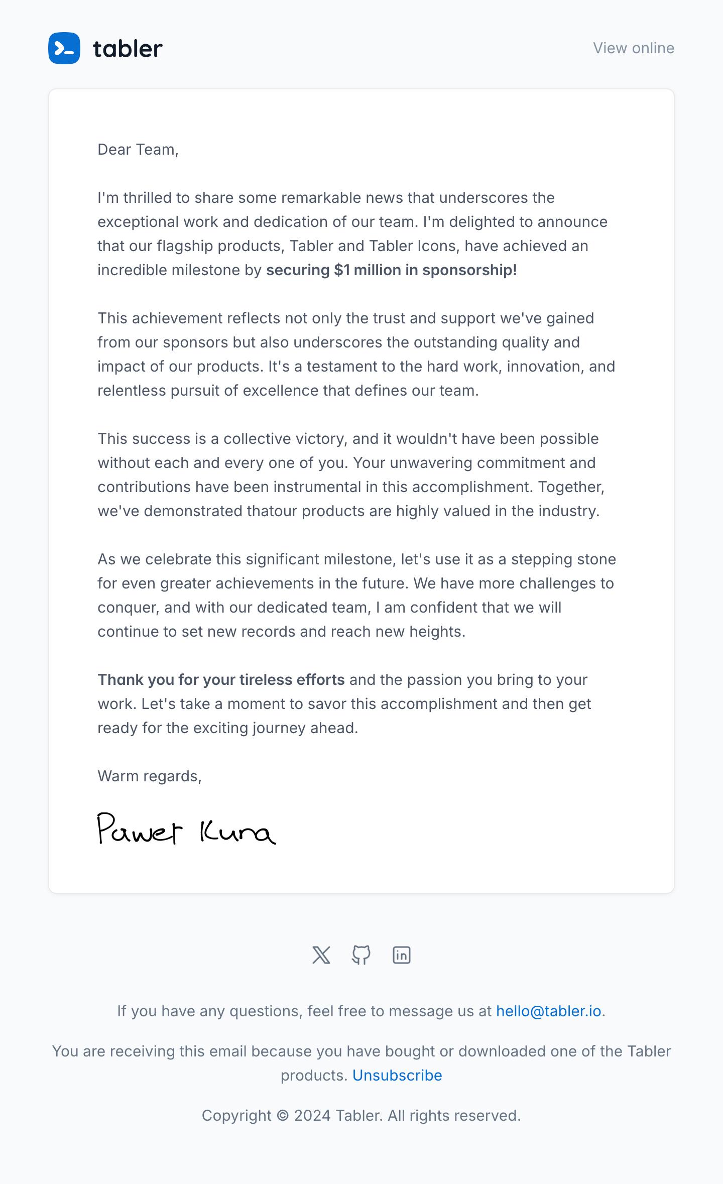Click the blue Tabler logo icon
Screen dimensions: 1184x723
pyautogui.click(x=64, y=48)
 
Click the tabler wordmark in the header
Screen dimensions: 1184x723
pyautogui.click(x=128, y=49)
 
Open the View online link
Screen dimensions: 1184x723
pyautogui.click(x=633, y=48)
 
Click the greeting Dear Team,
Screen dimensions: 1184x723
pyautogui.click(x=138, y=150)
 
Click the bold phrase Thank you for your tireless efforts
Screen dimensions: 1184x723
pyautogui.click(x=221, y=680)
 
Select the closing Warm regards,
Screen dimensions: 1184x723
pyautogui.click(x=150, y=776)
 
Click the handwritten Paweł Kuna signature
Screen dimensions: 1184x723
pyautogui.click(x=186, y=829)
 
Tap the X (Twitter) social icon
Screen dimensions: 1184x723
pyautogui.click(x=321, y=955)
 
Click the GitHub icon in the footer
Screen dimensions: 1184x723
pyautogui.click(x=361, y=955)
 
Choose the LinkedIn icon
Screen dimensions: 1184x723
pyautogui.click(x=402, y=955)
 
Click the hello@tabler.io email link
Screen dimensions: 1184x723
pyautogui.click(x=548, y=1011)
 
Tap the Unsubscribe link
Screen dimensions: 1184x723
pyautogui.click(x=397, y=1076)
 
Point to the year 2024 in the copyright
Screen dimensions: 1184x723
pyautogui.click(x=312, y=1116)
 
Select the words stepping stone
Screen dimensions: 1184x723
pyautogui.click(x=563, y=559)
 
